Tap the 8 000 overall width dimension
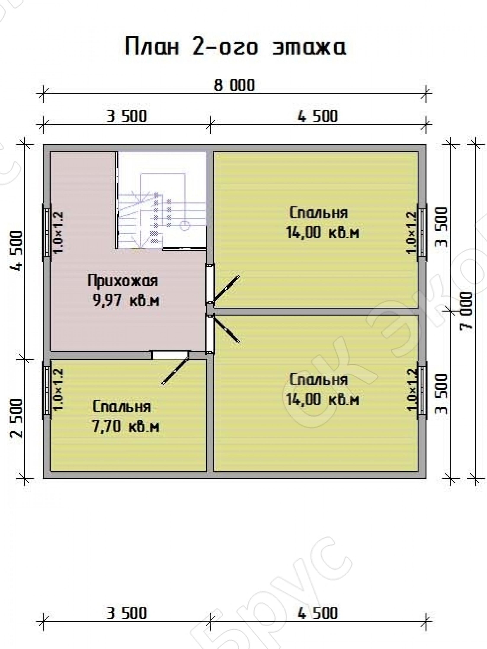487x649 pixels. pyautogui.click(x=234, y=86)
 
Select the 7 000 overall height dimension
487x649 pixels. pyautogui.click(x=467, y=311)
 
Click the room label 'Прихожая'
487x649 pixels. pyautogui.click(x=123, y=281)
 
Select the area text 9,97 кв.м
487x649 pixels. pyautogui.click(x=126, y=300)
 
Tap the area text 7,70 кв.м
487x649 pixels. pyautogui.click(x=126, y=427)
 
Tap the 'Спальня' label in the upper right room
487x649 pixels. pyautogui.click(x=319, y=213)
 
